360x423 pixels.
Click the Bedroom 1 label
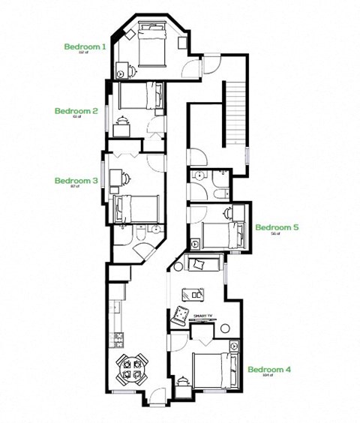[x=85, y=46]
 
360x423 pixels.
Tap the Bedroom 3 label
[x=76, y=181]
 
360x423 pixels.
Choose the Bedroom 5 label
[x=277, y=227]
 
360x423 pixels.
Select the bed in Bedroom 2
[x=141, y=96]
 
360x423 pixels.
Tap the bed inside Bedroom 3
[x=136, y=208]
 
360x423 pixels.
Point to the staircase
[x=235, y=112]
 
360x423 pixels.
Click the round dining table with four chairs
[x=132, y=370]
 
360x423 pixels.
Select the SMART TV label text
[x=203, y=316]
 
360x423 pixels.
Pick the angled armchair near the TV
[x=181, y=315]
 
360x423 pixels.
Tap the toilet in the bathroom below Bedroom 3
[x=139, y=237]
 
